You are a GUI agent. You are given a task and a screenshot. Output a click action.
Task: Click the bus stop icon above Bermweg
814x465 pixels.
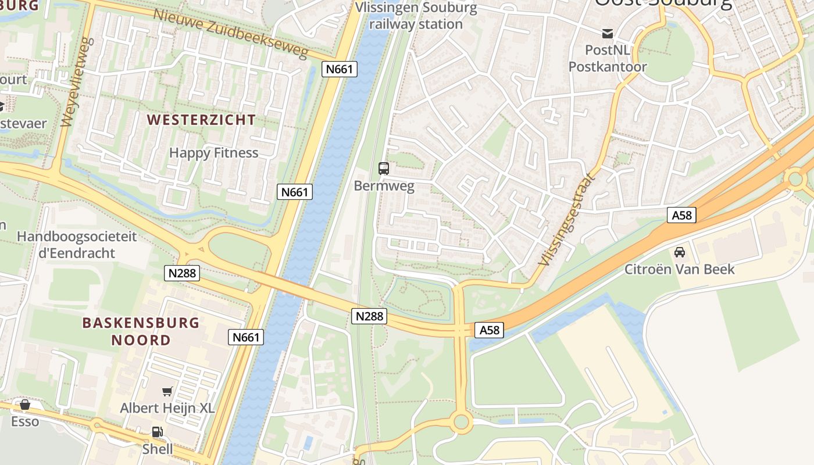384,169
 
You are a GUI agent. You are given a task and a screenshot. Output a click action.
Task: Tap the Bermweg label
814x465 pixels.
384,186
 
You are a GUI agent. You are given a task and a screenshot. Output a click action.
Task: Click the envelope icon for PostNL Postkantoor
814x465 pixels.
608,33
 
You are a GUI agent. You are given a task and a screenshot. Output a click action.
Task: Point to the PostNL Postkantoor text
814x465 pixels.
608,58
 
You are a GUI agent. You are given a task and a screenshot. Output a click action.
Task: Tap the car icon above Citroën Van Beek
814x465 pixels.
679,252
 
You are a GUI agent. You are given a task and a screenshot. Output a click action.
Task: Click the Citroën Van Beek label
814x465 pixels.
679,269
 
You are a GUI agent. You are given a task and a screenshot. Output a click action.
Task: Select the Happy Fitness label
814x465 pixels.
213,153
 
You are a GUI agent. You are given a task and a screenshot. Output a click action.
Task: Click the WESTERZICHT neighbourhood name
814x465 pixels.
201,120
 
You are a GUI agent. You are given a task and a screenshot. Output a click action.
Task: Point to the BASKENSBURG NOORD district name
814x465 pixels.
141,331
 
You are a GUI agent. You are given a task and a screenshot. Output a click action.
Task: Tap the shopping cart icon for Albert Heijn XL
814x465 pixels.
167,391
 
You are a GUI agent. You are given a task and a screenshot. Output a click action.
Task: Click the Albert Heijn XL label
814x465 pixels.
167,408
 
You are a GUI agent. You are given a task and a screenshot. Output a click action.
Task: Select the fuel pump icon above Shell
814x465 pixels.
157,432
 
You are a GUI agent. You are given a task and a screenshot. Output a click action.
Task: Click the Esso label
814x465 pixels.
25,421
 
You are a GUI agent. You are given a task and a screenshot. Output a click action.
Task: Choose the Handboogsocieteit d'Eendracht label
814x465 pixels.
76,245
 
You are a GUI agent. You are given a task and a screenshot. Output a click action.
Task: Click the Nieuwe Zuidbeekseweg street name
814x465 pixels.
230,33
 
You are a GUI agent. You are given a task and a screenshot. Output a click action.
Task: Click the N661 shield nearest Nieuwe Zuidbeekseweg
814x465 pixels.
339,69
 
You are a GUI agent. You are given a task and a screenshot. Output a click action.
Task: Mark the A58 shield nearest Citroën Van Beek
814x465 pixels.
681,216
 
